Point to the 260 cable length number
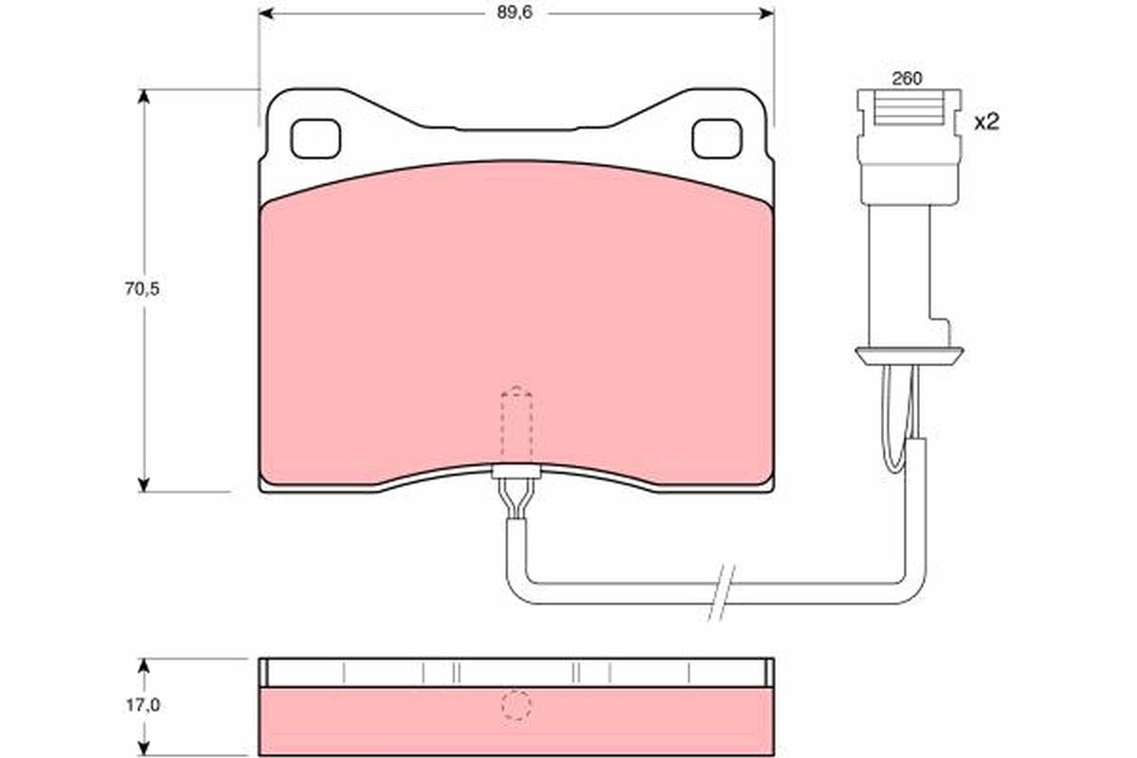[x=907, y=80]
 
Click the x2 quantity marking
[x=987, y=121]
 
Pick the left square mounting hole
[x=315, y=139]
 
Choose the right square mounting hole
[x=717, y=139]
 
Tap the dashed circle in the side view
[x=516, y=706]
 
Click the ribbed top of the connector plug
[x=908, y=109]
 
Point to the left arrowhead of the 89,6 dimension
[x=266, y=12]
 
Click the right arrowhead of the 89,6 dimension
[x=767, y=12]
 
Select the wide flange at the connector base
[x=909, y=354]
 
